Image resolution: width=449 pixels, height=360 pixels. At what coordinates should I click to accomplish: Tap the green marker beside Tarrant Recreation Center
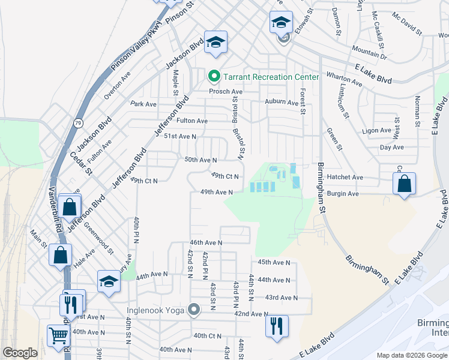[x=213, y=77]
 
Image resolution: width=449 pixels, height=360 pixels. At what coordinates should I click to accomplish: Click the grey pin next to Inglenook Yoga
[x=193, y=310]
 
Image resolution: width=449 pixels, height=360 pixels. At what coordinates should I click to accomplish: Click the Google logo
[x=20, y=353]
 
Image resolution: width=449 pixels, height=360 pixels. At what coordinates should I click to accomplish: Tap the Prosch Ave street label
[x=225, y=92]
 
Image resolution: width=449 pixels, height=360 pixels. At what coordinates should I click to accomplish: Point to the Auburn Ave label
[x=282, y=102]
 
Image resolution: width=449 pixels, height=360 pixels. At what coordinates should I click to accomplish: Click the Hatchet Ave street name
[x=345, y=178]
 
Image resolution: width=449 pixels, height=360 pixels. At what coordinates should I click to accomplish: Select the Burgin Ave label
[x=343, y=194]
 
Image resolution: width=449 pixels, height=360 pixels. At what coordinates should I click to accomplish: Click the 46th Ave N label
[x=206, y=242]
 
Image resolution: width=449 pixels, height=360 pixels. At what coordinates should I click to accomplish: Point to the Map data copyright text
[x=411, y=355]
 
